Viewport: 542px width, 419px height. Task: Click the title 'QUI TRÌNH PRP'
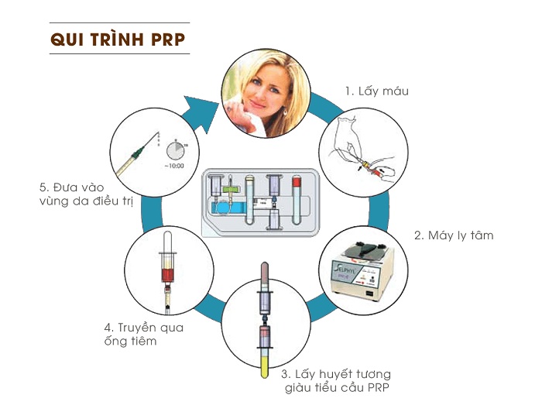pos(118,39)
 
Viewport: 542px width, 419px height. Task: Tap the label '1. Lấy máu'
pos(377,91)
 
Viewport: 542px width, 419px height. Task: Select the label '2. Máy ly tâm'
pos(454,235)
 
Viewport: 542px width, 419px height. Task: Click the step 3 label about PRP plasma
pos(336,380)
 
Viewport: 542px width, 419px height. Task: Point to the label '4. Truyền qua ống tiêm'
pos(144,334)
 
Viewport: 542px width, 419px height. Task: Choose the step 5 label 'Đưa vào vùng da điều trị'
pos(87,194)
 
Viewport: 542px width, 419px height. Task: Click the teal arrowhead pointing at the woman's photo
pos(201,113)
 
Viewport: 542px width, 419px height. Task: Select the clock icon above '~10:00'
pos(176,151)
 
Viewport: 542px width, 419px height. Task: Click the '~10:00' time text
pos(174,166)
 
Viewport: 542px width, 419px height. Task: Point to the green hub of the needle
pos(137,153)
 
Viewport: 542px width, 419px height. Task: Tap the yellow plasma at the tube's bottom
pos(265,367)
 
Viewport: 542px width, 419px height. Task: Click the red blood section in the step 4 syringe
pos(168,275)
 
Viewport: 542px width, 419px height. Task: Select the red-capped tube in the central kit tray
pos(297,200)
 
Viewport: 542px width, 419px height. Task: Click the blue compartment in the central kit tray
pos(227,208)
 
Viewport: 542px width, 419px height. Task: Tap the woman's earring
pos(286,112)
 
